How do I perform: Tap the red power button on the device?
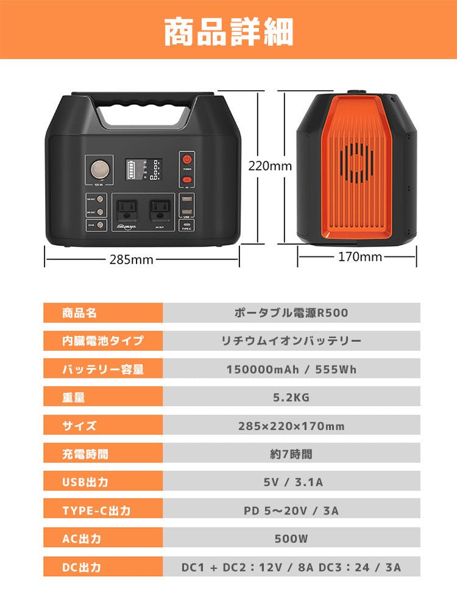[x=187, y=160]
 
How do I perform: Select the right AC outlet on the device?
[x=160, y=209]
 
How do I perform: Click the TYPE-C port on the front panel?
[x=186, y=225]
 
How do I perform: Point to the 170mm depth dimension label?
[x=360, y=256]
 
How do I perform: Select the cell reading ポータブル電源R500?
[x=291, y=313]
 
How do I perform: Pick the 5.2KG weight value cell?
[x=291, y=398]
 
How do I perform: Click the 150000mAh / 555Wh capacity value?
[x=291, y=369]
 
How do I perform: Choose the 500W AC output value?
[x=291, y=538]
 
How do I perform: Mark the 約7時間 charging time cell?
[x=291, y=454]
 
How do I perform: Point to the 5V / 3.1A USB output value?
[x=291, y=482]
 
